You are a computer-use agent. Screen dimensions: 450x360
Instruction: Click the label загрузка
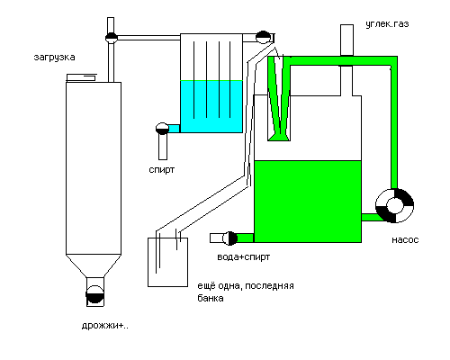click(x=54, y=58)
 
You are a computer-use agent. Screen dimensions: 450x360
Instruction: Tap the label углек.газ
click(x=387, y=24)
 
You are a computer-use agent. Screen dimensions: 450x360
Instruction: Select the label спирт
click(x=162, y=170)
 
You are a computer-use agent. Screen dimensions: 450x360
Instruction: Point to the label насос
click(x=405, y=240)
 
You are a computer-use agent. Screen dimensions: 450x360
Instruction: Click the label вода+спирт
click(x=244, y=257)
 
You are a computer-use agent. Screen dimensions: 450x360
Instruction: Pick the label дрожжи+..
click(x=105, y=326)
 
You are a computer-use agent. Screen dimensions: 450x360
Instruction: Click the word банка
click(x=211, y=298)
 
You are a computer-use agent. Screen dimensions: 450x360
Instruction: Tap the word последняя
click(x=269, y=286)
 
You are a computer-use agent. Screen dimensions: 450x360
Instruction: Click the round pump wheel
click(x=394, y=206)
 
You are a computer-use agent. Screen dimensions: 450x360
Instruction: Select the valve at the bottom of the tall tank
click(x=95, y=294)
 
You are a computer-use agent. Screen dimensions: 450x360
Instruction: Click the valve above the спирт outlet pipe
click(x=162, y=129)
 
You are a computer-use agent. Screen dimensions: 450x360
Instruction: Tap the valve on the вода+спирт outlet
click(x=230, y=238)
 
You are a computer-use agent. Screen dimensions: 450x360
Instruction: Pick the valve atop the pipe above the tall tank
click(x=112, y=38)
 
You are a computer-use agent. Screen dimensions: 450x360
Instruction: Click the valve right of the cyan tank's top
click(x=263, y=38)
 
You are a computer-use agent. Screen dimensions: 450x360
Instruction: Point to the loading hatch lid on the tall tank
click(x=81, y=77)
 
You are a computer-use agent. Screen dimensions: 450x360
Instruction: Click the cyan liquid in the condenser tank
click(x=211, y=106)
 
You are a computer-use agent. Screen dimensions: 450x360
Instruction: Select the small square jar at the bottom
click(x=167, y=262)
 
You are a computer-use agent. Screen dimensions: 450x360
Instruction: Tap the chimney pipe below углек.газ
click(x=346, y=40)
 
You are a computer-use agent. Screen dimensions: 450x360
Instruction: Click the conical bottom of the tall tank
click(x=94, y=266)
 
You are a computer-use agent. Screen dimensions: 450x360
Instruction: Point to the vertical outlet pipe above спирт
click(x=163, y=147)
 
